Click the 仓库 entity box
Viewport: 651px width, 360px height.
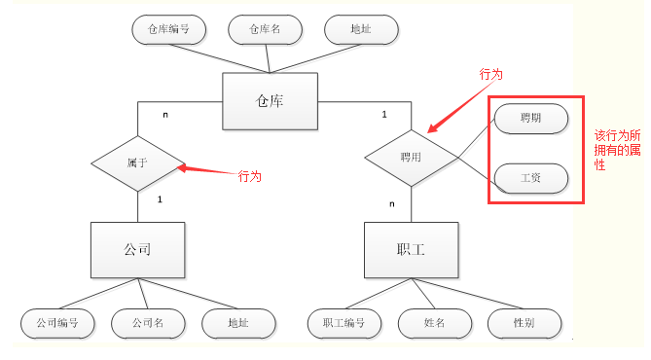click(270, 101)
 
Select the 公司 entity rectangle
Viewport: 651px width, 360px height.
click(137, 249)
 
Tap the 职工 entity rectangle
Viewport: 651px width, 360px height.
click(411, 249)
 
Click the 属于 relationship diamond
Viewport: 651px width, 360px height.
click(137, 162)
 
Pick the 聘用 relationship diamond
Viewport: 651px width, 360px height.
click(411, 157)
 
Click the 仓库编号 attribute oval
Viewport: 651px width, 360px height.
click(167, 29)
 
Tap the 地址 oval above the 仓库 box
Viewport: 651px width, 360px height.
click(361, 29)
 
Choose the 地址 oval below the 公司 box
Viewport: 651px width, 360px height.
click(238, 322)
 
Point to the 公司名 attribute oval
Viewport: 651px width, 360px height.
click(147, 322)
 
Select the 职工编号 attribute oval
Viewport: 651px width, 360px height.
click(344, 322)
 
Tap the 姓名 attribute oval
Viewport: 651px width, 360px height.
click(434, 322)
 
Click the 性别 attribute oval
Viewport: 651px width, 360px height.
click(524, 322)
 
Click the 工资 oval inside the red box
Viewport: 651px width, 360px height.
click(531, 178)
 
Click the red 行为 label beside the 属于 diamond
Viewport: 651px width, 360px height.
click(250, 177)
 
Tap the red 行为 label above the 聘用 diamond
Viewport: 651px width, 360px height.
click(491, 75)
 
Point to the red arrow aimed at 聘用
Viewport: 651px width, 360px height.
click(459, 109)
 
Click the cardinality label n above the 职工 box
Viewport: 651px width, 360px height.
click(392, 203)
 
